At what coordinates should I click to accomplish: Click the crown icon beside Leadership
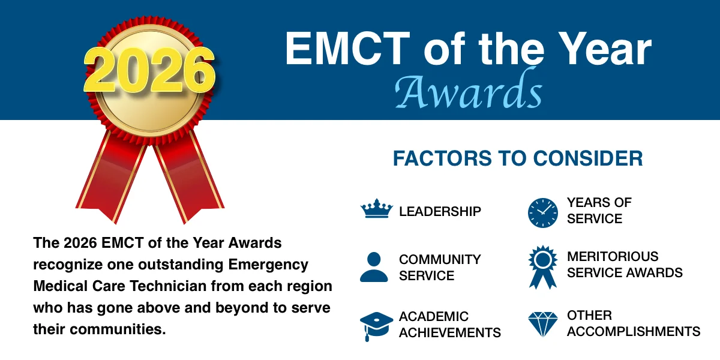[x=376, y=210]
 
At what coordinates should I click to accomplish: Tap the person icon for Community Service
[x=374, y=267]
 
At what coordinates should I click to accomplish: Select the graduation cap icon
[x=376, y=325]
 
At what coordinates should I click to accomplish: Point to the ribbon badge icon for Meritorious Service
[x=543, y=265]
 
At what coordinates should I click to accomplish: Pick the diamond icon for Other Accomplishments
[x=543, y=323]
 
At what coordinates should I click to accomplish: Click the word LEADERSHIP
[x=440, y=211]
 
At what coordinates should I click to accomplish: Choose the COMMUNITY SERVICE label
[x=440, y=268]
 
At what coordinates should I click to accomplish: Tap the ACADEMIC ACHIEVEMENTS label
[x=449, y=325]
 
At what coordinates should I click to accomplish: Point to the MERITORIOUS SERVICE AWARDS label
[x=625, y=265]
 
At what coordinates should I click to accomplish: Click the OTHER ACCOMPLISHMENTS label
[x=634, y=323]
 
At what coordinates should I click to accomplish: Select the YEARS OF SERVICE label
[x=599, y=211]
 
